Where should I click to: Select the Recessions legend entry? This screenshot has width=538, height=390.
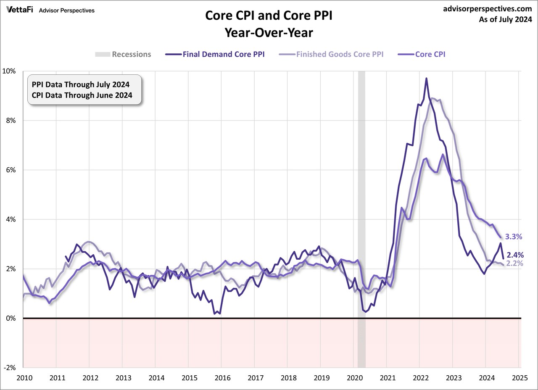123,54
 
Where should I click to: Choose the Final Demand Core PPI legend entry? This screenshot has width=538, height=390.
216,54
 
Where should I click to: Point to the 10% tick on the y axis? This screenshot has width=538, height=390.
10,71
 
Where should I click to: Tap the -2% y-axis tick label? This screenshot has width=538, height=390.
10,368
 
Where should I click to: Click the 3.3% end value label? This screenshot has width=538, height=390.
513,237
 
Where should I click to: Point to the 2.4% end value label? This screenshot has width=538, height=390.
515,255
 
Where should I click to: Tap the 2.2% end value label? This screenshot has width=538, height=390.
514,264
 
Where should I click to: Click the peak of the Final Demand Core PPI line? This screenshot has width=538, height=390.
426,78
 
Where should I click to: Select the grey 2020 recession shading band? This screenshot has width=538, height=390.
361,210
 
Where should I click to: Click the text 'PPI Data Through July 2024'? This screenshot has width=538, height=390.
81,84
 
